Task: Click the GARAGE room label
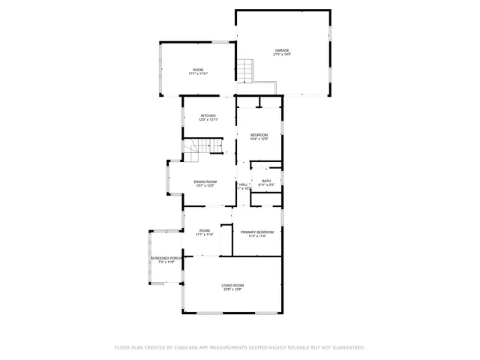click(x=282, y=50)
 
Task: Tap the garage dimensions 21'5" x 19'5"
click(x=282, y=55)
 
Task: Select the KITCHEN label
click(x=208, y=115)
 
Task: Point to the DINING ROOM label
click(x=205, y=181)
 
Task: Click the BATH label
click(x=266, y=180)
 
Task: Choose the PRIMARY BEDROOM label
click(x=257, y=232)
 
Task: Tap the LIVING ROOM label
click(x=232, y=285)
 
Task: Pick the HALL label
click(x=243, y=184)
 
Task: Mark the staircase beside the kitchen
click(x=200, y=148)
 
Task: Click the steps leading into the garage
click(x=247, y=72)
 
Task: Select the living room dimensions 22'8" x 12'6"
click(x=232, y=289)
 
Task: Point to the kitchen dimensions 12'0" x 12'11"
click(x=208, y=120)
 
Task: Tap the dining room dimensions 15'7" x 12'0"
click(x=205, y=186)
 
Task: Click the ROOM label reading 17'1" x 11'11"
click(x=198, y=70)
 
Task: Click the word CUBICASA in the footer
click(x=186, y=348)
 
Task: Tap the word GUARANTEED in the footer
click(x=347, y=348)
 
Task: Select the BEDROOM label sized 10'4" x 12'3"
click(x=259, y=134)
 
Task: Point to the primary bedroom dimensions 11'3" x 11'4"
click(x=257, y=237)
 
